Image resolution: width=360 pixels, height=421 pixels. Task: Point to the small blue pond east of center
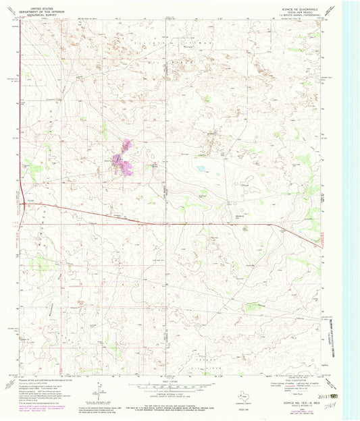click(x=201, y=169)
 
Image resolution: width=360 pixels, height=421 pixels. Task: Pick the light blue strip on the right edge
click(x=352, y=202)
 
